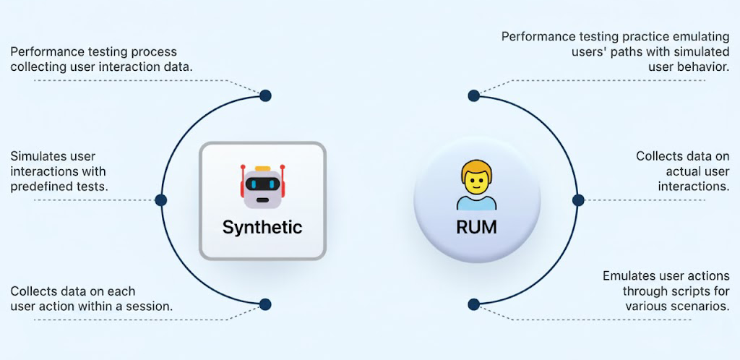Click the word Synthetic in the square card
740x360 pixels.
(262, 227)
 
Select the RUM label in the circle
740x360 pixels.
(476, 227)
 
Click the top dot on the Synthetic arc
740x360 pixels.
(265, 95)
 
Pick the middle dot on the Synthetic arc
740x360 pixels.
(160, 200)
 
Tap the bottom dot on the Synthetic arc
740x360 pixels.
(265, 304)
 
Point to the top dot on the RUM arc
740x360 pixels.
(473, 95)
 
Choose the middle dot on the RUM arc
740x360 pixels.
(577, 200)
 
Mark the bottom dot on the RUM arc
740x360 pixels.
(473, 304)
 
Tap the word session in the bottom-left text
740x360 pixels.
(150, 307)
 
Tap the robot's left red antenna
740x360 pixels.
(241, 173)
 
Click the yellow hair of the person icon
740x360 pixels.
(476, 171)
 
